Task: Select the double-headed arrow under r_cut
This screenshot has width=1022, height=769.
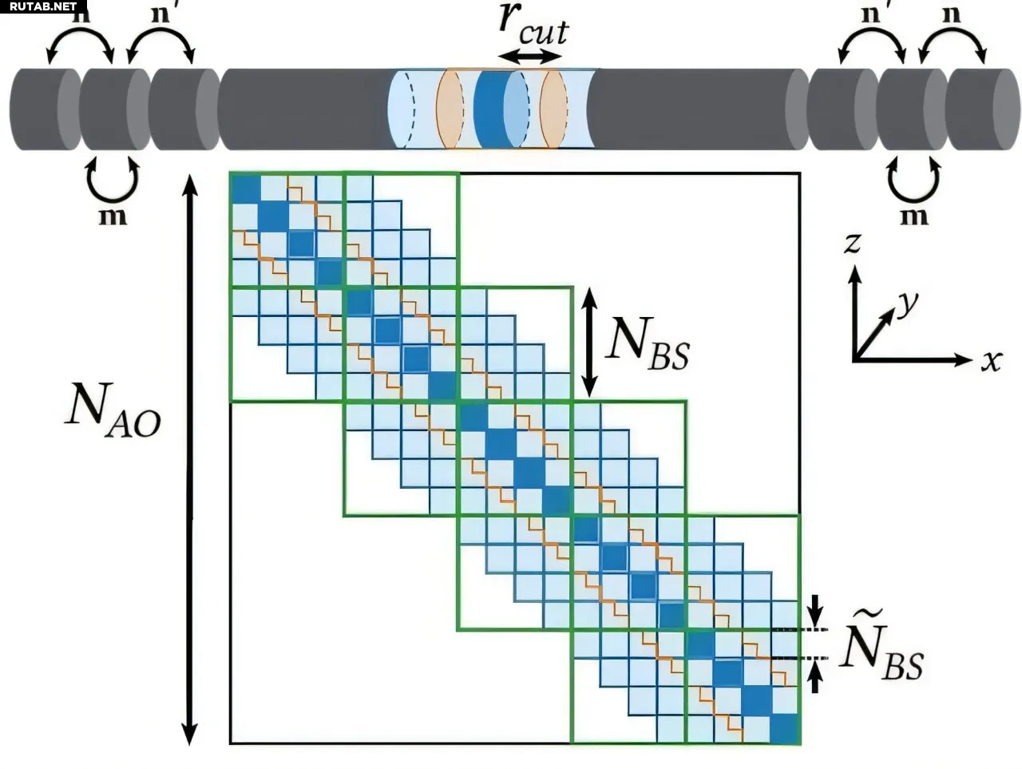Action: pos(530,57)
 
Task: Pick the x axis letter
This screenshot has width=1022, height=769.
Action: pos(991,361)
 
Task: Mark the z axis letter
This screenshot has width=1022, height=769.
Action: pos(853,242)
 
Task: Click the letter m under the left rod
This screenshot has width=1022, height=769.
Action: pos(113,216)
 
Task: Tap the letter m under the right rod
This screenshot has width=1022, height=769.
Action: pos(914,216)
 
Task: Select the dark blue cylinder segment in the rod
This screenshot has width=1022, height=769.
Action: pos(489,109)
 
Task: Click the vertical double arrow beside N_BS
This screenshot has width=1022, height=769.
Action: pos(589,341)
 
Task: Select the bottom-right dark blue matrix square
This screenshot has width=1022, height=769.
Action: pos(784,727)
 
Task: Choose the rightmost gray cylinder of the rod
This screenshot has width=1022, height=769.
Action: pos(982,109)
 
